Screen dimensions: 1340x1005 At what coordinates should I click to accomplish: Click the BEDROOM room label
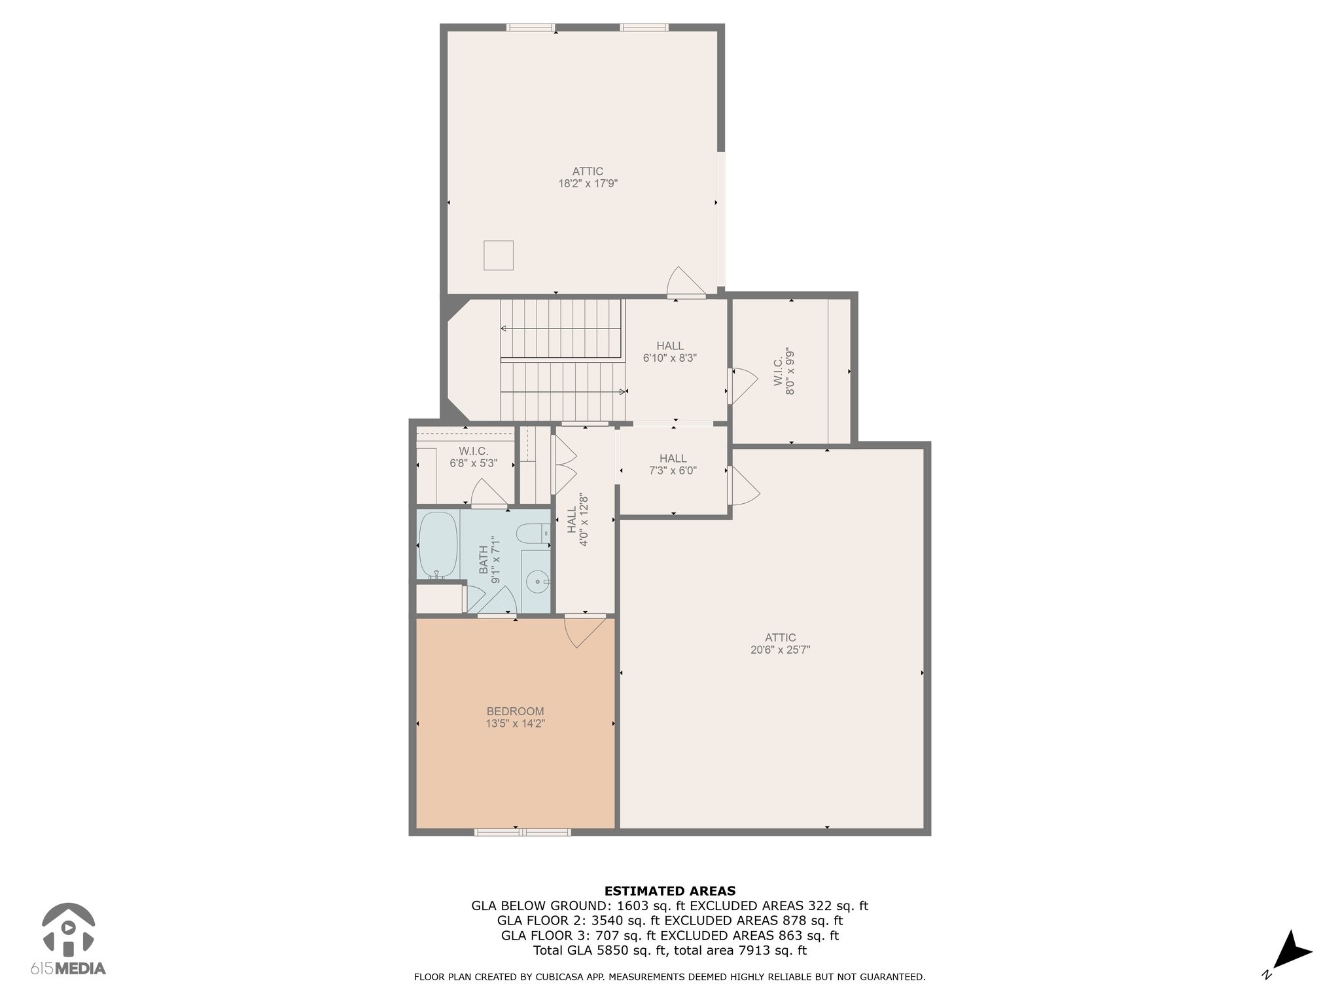tap(515, 711)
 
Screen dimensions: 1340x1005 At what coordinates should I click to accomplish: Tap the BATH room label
tap(484, 560)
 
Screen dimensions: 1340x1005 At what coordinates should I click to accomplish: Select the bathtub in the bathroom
tap(437, 545)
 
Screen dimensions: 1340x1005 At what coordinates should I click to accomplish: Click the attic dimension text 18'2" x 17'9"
tap(588, 184)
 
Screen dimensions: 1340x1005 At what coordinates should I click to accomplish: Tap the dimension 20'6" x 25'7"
tap(780, 650)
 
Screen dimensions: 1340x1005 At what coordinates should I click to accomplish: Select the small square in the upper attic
tap(499, 255)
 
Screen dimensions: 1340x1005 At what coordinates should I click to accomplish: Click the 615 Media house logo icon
tap(68, 927)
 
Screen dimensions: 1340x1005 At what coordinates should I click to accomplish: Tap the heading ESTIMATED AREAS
tap(670, 890)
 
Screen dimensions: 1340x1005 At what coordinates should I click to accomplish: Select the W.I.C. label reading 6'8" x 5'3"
tap(473, 457)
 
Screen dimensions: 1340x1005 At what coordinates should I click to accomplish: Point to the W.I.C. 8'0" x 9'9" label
tap(784, 371)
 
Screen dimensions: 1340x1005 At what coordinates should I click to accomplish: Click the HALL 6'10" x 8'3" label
tap(670, 352)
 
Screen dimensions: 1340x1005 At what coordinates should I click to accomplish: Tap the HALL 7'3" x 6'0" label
tap(673, 465)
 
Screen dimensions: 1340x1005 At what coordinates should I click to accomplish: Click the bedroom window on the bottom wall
tap(523, 832)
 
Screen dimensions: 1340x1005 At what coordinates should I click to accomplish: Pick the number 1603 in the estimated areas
tap(632, 906)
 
